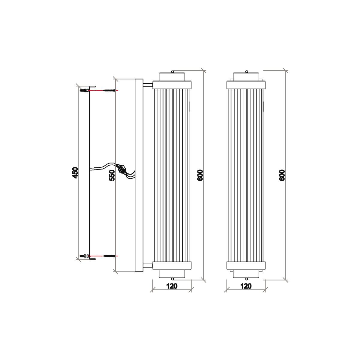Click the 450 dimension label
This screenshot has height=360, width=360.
pos(75,172)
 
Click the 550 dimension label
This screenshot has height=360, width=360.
pos(112,175)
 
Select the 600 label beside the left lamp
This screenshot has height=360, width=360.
pos(200,175)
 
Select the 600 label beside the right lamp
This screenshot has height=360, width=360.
pos(282,175)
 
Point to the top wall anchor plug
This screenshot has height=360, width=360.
pos(84,90)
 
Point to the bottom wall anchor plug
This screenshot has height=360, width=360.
pos(84,256)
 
